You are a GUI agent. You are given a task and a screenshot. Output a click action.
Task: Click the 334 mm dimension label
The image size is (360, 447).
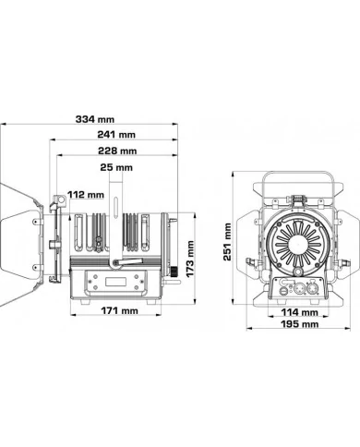point(96,120)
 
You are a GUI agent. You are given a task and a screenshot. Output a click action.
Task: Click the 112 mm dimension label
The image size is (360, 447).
point(85,195)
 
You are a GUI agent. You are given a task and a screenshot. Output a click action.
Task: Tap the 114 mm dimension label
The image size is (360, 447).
point(294,311)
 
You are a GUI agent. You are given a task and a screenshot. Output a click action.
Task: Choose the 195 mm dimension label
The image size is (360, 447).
point(294,324)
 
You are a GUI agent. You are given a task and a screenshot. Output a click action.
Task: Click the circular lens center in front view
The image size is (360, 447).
point(294,247)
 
